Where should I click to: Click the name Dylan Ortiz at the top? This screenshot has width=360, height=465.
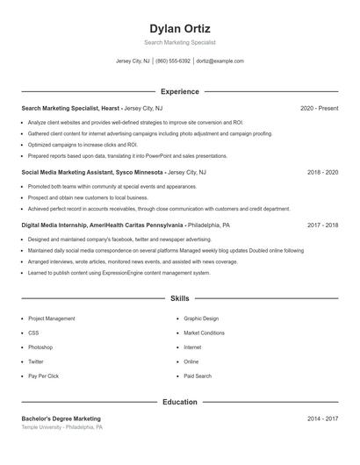pyautogui.click(x=180, y=29)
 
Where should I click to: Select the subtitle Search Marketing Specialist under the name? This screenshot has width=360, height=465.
pyautogui.click(x=180, y=42)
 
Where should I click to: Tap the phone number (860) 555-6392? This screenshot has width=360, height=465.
pyautogui.click(x=173, y=61)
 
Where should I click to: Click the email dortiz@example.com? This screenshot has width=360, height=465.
pyautogui.click(x=220, y=61)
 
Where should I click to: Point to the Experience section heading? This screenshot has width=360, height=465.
pyautogui.click(x=180, y=91)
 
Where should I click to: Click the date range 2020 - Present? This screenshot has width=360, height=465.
pyautogui.click(x=319, y=108)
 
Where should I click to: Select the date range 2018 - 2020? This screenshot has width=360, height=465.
pyautogui.click(x=322, y=173)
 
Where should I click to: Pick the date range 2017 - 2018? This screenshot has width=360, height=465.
pyautogui.click(x=322, y=225)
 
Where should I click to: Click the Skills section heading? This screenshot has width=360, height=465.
pyautogui.click(x=180, y=299)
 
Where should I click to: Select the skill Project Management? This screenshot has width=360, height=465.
pyautogui.click(x=52, y=318)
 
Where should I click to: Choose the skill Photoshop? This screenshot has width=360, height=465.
pyautogui.click(x=40, y=347)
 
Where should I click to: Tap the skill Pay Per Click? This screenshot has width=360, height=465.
pyautogui.click(x=43, y=376)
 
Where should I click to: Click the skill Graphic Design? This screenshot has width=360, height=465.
pyautogui.click(x=201, y=318)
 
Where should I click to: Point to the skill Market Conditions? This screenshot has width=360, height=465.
pyautogui.click(x=204, y=333)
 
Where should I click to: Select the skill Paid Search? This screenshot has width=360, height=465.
pyautogui.click(x=198, y=376)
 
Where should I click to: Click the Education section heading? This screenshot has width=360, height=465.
pyautogui.click(x=180, y=402)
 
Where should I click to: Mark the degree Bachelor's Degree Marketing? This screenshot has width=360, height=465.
pyautogui.click(x=61, y=418)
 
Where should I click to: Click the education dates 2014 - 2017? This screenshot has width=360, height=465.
pyautogui.click(x=322, y=418)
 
